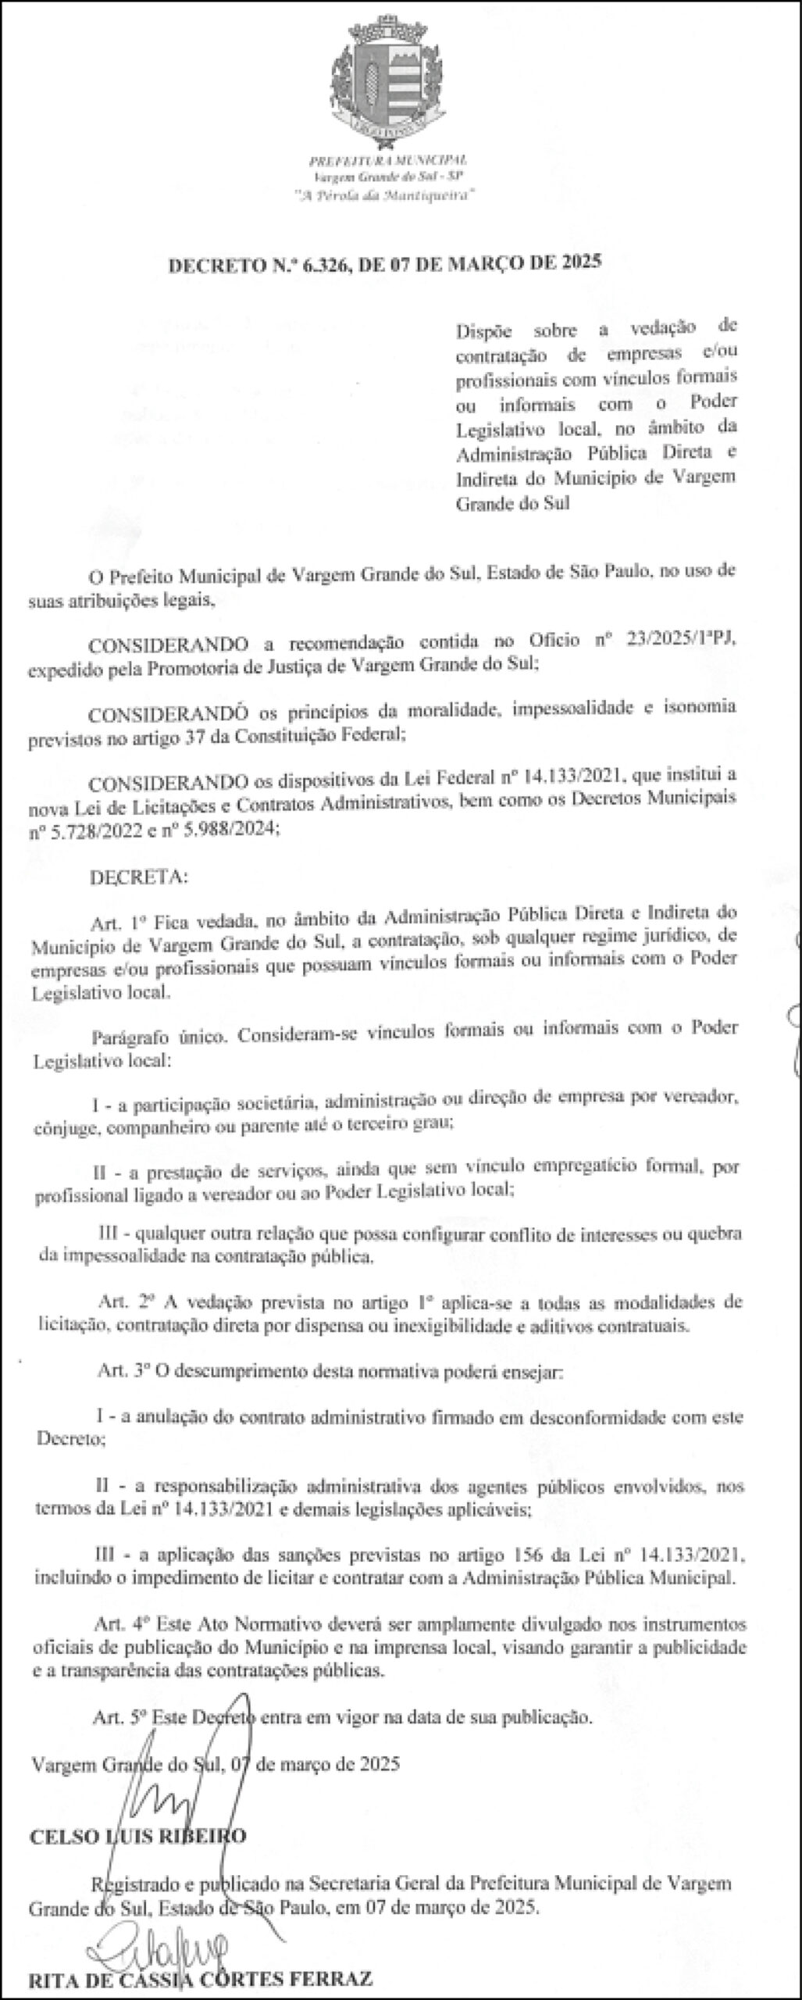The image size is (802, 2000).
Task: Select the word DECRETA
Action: tap(138, 877)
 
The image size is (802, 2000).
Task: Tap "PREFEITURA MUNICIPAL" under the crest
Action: tap(388, 159)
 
